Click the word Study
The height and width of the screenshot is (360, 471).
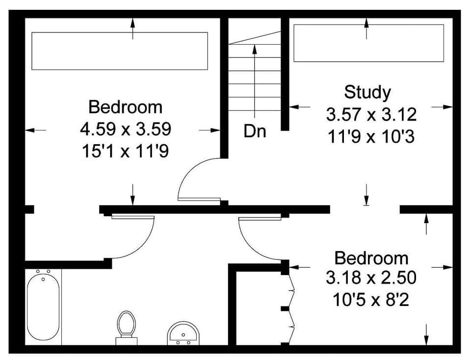click(x=367, y=92)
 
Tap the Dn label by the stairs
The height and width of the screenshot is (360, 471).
click(x=255, y=131)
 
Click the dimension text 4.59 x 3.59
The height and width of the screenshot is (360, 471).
click(x=126, y=129)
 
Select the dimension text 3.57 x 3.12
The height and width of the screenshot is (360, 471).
click(x=371, y=115)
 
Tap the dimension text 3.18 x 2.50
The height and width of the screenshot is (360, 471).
click(x=371, y=278)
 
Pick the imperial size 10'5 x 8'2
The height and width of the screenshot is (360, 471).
click(x=371, y=299)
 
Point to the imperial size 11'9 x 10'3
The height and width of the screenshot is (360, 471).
click(x=371, y=136)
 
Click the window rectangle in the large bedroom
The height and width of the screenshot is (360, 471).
click(x=120, y=51)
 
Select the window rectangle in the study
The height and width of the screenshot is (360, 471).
click(x=368, y=44)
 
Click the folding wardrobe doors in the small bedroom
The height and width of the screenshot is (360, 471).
click(x=291, y=307)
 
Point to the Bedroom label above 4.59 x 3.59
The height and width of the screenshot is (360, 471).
click(x=125, y=107)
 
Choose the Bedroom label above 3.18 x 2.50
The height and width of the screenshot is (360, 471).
click(x=371, y=258)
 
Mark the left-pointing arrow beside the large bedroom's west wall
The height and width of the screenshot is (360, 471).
click(x=35, y=130)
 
